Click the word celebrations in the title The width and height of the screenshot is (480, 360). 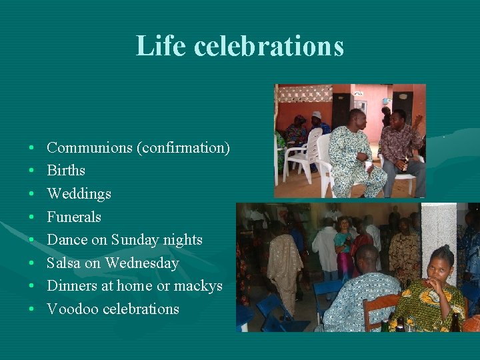(269, 46)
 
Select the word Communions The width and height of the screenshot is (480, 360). (89, 147)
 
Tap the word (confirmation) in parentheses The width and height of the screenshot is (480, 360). (183, 147)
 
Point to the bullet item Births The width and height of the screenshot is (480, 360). (66, 171)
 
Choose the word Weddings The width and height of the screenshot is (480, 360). (79, 194)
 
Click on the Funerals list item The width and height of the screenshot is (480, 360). (74, 217)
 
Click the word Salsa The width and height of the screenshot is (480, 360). (63, 263)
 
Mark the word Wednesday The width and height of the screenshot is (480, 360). (142, 263)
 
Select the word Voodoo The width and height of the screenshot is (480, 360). (70, 309)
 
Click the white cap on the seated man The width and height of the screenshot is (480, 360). (317, 115)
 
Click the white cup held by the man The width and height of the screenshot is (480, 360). (369, 163)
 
